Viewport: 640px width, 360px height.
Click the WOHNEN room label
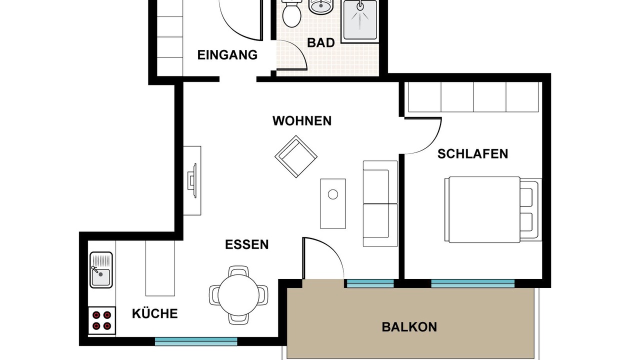tap(302, 121)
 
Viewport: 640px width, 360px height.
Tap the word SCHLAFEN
tap(473, 154)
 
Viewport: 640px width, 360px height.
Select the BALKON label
tap(409, 327)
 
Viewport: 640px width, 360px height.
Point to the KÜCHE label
tap(155, 313)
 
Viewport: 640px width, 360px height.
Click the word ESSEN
tap(247, 244)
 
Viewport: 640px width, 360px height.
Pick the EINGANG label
tap(227, 55)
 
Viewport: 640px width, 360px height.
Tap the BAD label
tap(321, 42)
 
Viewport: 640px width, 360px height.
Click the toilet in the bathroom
tap(291, 13)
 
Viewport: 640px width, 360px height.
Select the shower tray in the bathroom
tap(360, 20)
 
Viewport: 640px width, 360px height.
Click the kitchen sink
tap(101, 269)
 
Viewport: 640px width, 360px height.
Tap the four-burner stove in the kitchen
tap(101, 320)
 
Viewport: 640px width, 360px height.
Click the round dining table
tap(238, 295)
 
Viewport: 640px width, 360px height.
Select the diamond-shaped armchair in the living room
tap(296, 156)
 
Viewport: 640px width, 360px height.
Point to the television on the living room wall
tap(192, 180)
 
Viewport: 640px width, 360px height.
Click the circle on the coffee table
tap(333, 194)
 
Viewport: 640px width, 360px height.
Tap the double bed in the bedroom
tap(493, 209)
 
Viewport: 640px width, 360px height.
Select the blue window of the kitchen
tap(196, 341)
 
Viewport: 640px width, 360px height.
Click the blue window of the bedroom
tap(473, 283)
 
